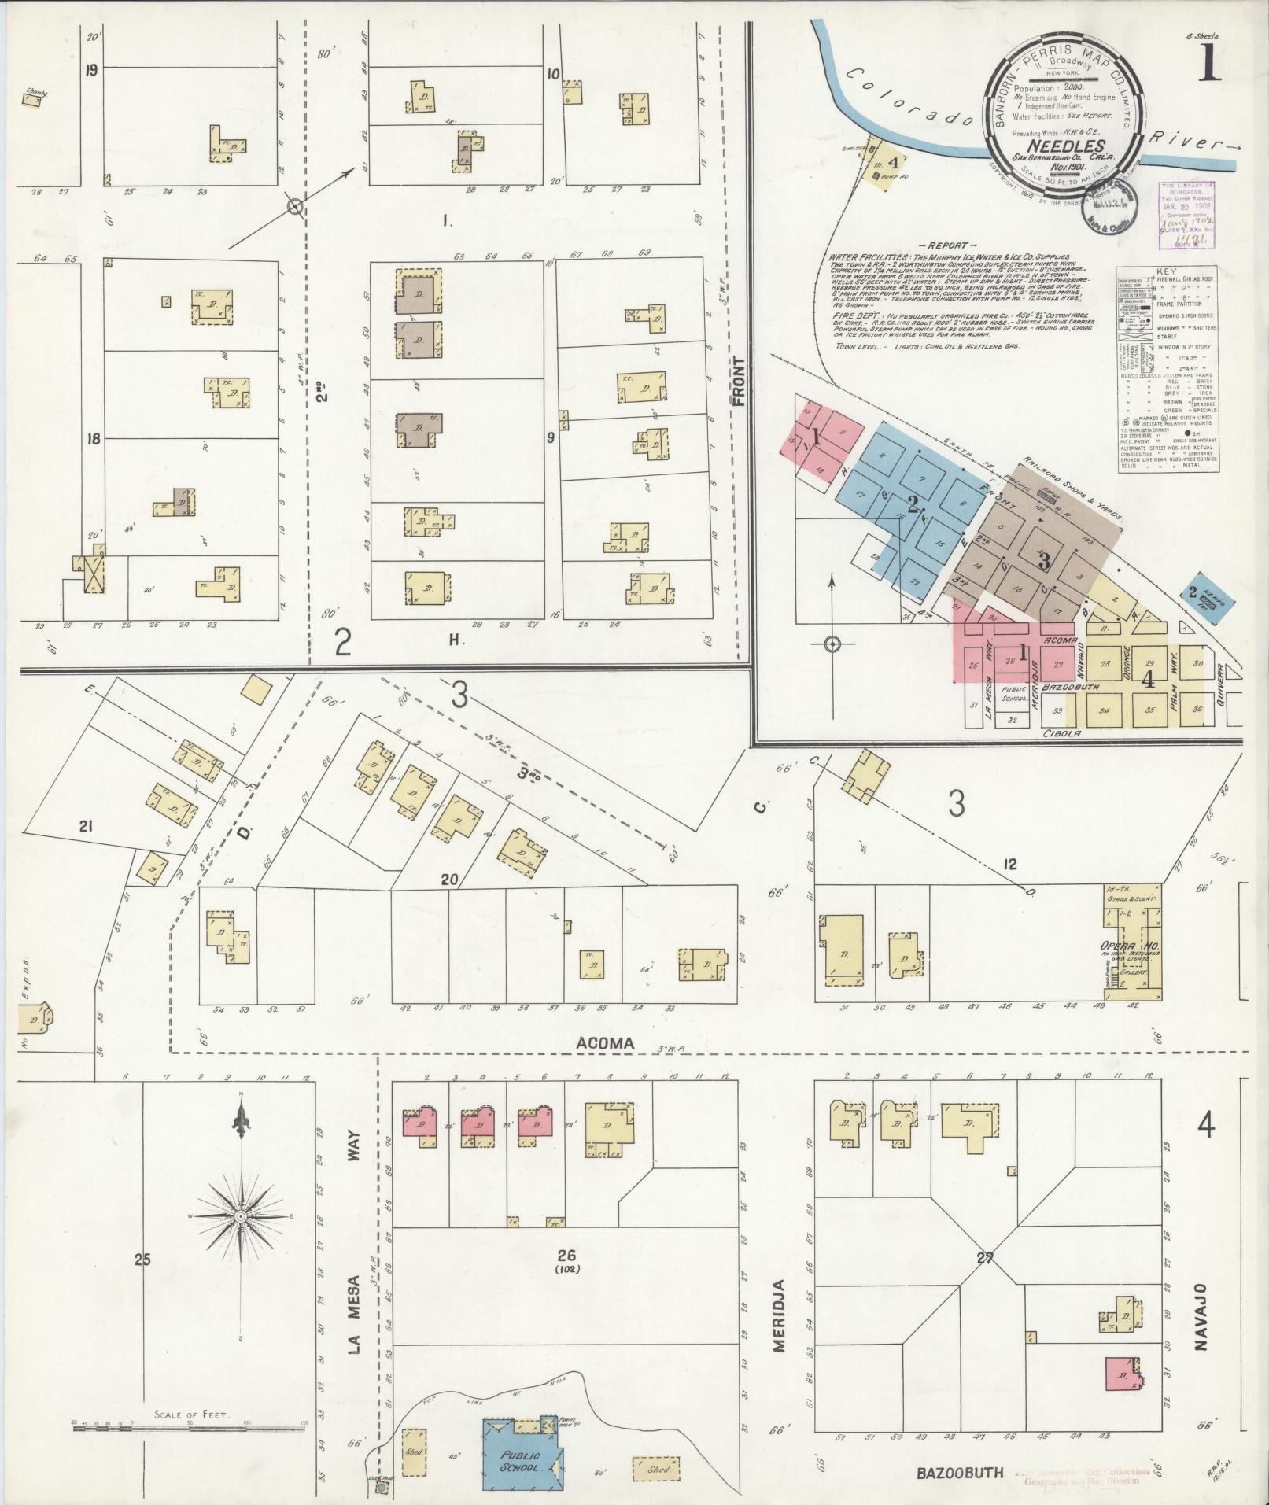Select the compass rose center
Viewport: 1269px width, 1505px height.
[x=242, y=1239]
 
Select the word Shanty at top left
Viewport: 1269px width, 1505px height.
[x=35, y=93]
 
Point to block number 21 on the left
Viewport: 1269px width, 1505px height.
[x=86, y=825]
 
